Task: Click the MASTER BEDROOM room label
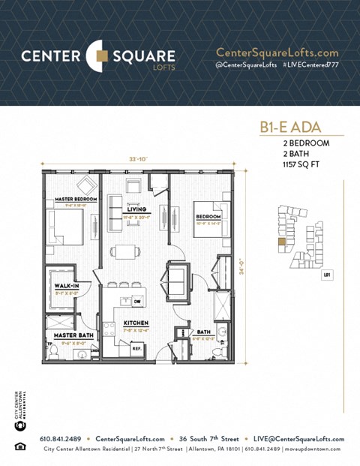pos(70,200)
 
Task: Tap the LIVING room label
pos(136,209)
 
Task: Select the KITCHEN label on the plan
pos(136,323)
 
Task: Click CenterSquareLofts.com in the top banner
pos(277,53)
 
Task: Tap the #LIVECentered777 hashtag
pos(308,65)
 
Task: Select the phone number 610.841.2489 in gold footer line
pos(61,439)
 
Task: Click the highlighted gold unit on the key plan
pos(281,242)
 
